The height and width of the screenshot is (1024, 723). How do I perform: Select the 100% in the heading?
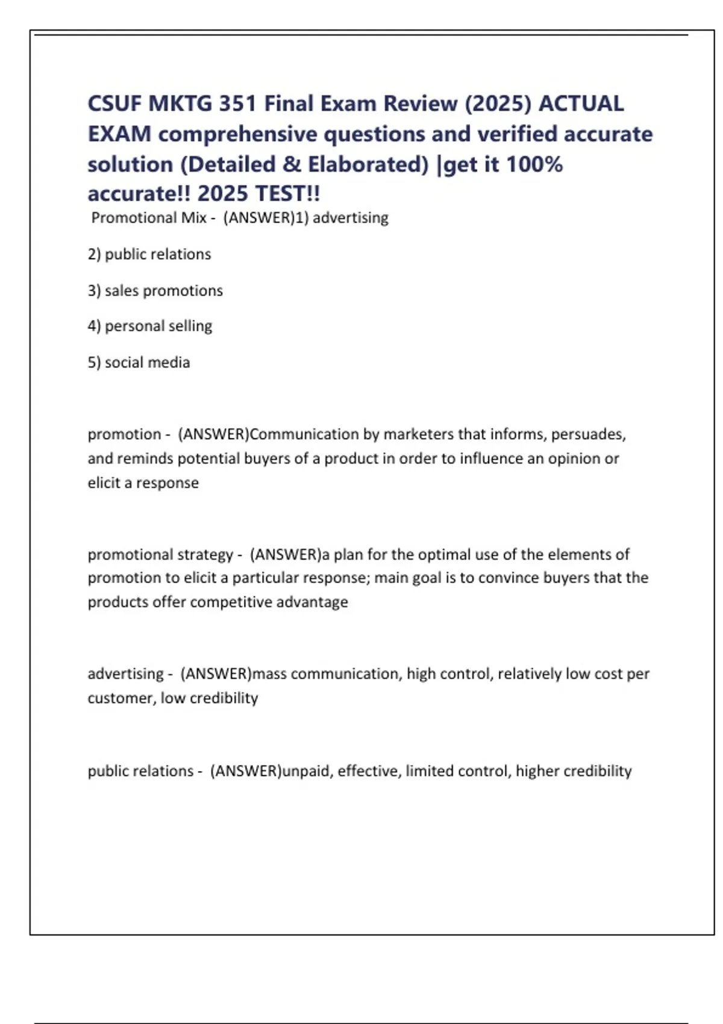(534, 164)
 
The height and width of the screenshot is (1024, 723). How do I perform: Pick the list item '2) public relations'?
(149, 254)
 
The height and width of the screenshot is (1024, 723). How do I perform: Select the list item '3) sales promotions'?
(155, 290)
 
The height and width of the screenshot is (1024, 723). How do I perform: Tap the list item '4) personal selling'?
(150, 326)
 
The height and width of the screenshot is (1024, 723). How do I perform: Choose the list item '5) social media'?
(139, 362)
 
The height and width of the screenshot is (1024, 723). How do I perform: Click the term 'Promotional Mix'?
(149, 217)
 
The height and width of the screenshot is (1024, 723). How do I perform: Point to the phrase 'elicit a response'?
(143, 482)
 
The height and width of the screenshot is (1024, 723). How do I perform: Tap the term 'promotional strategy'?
(160, 554)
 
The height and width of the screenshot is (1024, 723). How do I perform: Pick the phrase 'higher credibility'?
(574, 771)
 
